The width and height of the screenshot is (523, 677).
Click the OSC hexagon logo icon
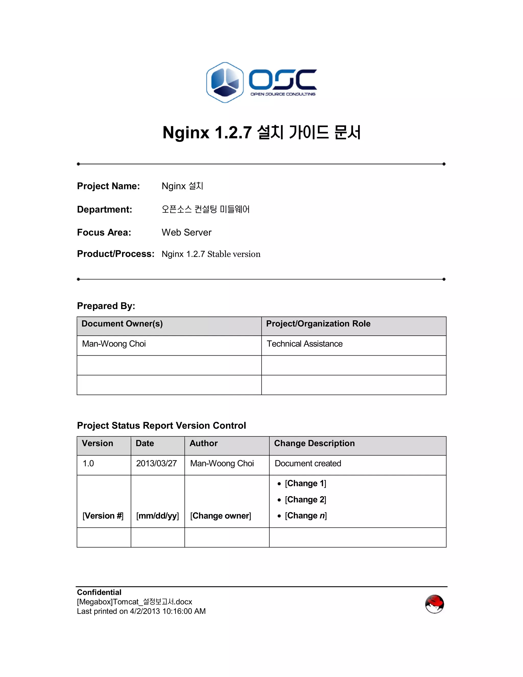click(225, 83)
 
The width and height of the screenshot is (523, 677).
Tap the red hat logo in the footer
click(434, 604)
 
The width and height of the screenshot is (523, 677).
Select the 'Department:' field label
click(104, 209)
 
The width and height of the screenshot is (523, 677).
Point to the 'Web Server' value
click(186, 232)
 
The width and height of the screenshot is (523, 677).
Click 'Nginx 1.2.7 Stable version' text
click(211, 254)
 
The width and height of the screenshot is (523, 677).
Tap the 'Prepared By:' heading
click(106, 306)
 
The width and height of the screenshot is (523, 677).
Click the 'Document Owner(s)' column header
click(122, 324)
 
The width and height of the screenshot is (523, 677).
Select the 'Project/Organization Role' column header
click(318, 324)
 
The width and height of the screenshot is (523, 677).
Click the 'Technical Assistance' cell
click(305, 344)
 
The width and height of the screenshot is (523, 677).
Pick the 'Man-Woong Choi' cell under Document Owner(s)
click(114, 344)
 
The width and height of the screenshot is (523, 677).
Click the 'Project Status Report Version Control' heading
click(161, 426)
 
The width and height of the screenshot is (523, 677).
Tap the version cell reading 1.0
click(88, 463)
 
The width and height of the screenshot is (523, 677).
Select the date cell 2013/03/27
click(157, 463)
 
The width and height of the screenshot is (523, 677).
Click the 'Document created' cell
click(308, 463)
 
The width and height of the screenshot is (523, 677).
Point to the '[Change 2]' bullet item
click(305, 500)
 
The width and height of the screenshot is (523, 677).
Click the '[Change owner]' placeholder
click(221, 516)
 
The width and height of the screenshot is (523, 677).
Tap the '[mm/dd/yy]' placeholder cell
click(157, 516)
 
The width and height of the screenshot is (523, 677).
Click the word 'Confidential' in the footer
click(99, 592)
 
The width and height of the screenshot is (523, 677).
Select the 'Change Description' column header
click(314, 443)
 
